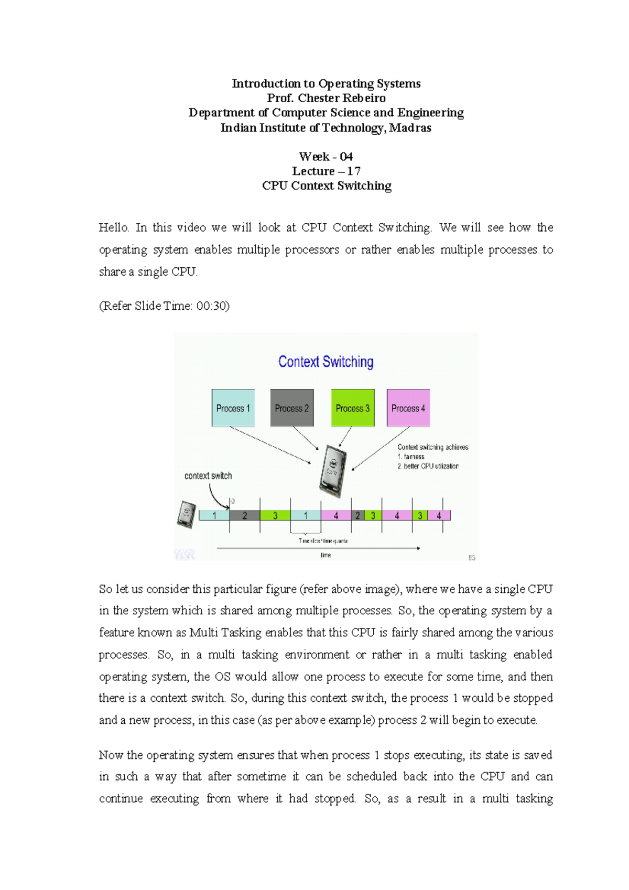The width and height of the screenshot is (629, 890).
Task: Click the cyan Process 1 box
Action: point(233,408)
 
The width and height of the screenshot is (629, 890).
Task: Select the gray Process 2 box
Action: point(292,408)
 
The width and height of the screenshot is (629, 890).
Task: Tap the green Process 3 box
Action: point(353,408)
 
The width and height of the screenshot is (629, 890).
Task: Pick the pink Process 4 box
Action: point(408,408)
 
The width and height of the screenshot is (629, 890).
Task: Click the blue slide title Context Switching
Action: point(326,362)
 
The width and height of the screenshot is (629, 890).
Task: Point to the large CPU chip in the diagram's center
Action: point(333,470)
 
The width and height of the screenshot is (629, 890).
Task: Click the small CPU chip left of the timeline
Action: point(186,514)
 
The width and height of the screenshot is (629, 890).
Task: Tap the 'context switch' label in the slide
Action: point(208,476)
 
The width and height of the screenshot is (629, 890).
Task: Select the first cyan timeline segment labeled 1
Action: point(214,516)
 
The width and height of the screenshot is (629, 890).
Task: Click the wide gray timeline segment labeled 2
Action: point(245,516)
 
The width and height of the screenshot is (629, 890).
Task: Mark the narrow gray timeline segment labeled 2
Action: point(358,516)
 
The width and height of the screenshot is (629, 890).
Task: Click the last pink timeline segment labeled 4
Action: point(439,516)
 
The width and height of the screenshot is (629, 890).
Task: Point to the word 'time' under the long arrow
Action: point(326,555)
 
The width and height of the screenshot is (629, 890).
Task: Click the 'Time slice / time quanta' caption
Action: point(323,540)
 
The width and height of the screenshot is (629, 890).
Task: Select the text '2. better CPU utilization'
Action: point(428,466)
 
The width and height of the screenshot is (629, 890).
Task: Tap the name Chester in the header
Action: point(319,98)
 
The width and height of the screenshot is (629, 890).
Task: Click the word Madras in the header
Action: point(410,128)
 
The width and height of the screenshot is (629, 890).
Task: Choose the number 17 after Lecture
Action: point(354,171)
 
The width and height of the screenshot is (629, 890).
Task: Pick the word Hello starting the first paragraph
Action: point(113,227)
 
